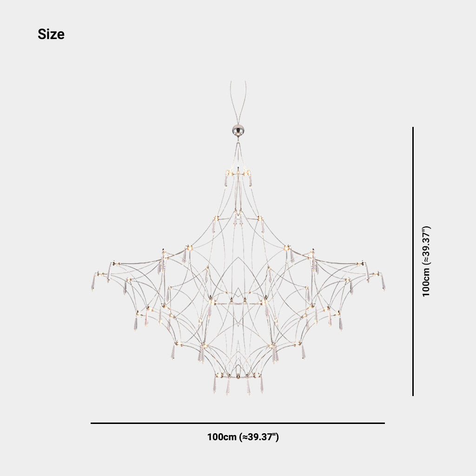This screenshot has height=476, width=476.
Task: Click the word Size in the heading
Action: tap(51, 34)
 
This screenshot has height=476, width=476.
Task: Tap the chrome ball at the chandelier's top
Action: tap(238, 130)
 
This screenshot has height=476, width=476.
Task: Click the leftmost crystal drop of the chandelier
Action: tap(93, 282)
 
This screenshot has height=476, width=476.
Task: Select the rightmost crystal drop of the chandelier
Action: tap(383, 282)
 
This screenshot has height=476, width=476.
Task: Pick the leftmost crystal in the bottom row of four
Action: tap(215, 385)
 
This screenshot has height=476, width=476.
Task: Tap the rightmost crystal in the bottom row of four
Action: tap(262, 385)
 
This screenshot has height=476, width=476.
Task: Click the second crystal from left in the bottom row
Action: tap(228, 386)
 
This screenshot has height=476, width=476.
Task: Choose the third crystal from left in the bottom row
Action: tap(248, 386)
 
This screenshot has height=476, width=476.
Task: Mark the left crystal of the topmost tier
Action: tap(226, 179)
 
